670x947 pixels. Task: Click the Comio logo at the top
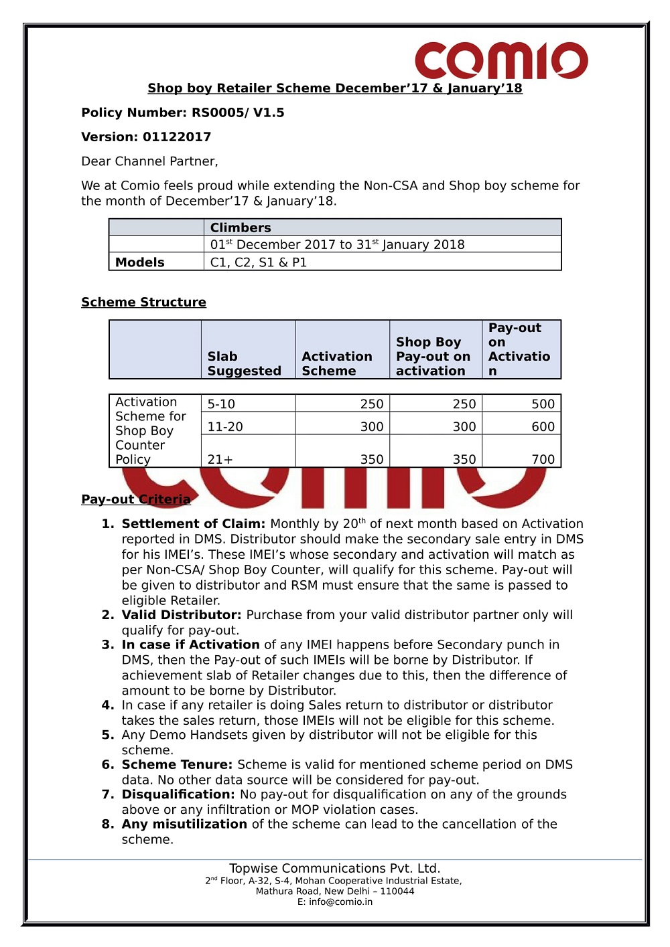click(501, 61)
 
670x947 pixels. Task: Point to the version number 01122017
click(177, 137)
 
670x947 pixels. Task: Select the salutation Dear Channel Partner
click(149, 161)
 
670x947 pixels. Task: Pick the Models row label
click(139, 262)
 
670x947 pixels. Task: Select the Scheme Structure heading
click(143, 302)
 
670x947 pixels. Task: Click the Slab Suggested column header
click(244, 363)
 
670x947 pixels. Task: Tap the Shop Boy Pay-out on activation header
click(433, 356)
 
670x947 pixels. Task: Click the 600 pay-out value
click(543, 426)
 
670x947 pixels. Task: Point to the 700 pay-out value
click(543, 459)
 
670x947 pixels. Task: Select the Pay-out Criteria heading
click(135, 499)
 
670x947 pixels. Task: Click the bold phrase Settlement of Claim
click(193, 523)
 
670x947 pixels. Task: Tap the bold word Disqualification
click(178, 794)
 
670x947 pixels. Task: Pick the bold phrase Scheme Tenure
click(177, 764)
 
